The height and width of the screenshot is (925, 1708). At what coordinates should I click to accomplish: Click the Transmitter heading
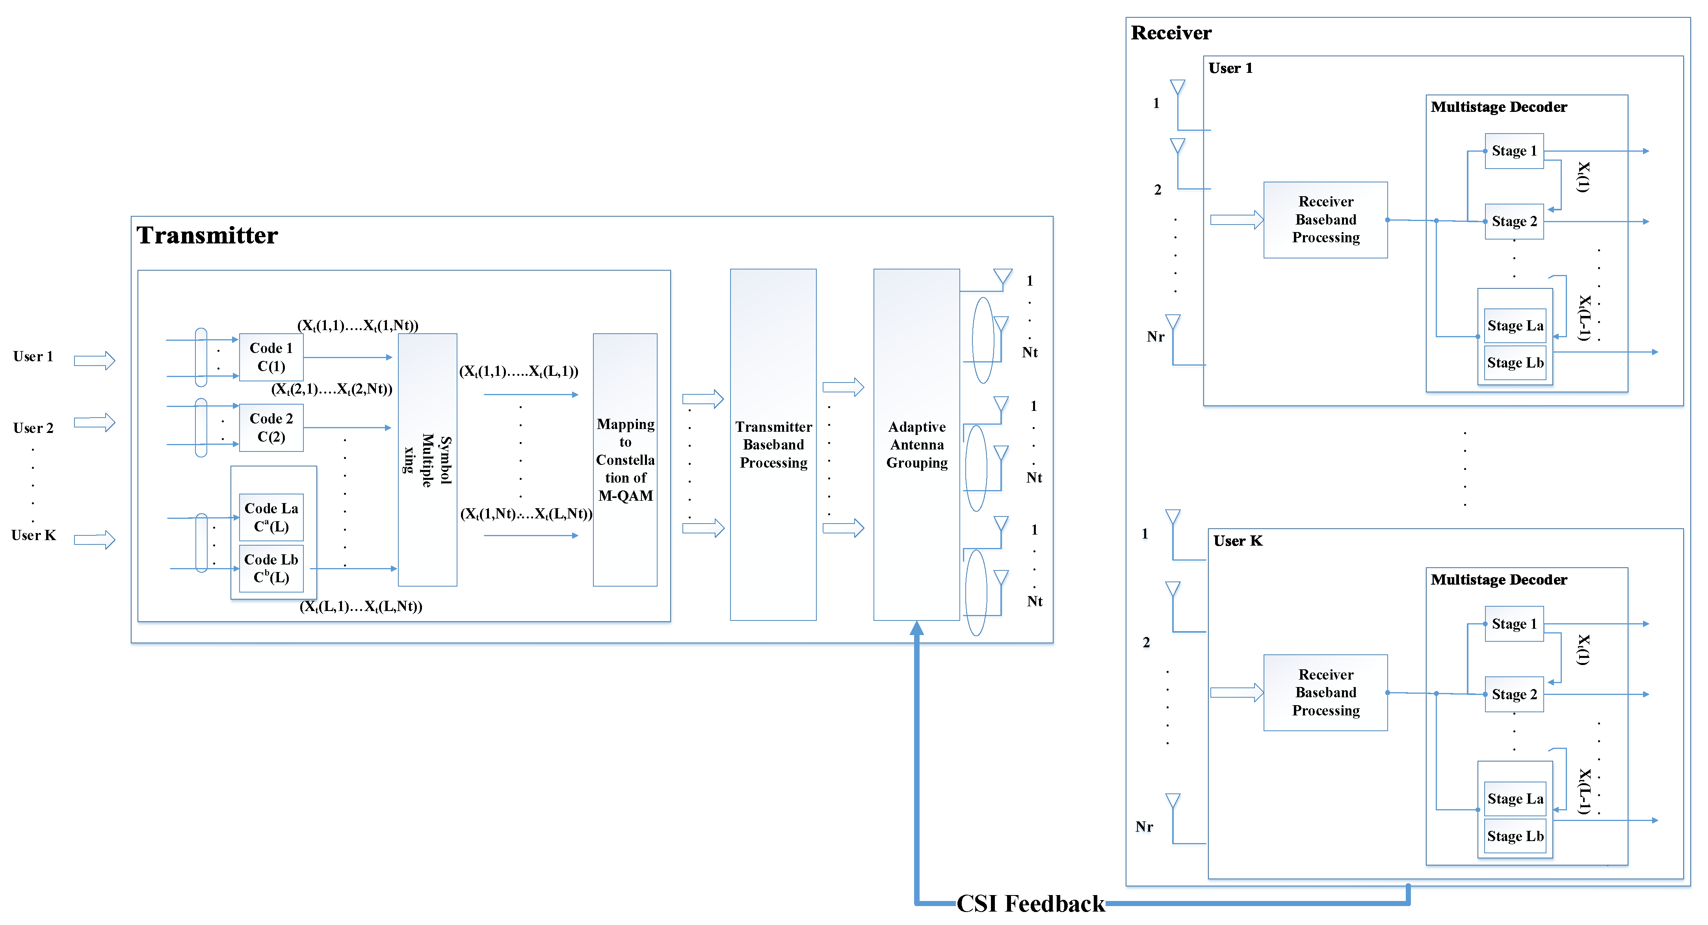(207, 236)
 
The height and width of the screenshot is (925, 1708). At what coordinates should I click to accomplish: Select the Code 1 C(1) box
(271, 357)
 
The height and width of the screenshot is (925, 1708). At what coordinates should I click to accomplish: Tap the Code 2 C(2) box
(271, 428)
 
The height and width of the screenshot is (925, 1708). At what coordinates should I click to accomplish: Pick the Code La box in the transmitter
(271, 517)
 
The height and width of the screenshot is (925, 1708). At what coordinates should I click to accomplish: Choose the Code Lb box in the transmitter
(271, 568)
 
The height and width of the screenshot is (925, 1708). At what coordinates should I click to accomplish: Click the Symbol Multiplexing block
(427, 459)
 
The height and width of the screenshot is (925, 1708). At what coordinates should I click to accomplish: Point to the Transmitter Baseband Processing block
(773, 444)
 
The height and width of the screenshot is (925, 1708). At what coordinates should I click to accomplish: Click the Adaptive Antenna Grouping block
(916, 444)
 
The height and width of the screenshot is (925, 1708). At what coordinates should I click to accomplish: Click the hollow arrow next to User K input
(94, 540)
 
